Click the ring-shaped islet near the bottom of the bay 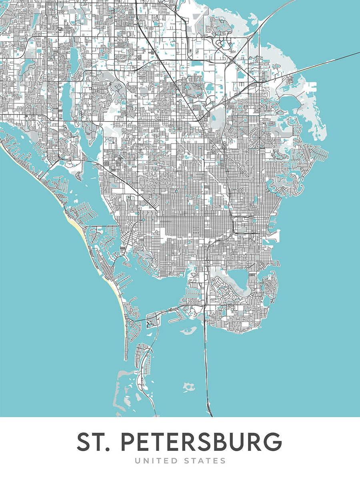coord(188,387)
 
